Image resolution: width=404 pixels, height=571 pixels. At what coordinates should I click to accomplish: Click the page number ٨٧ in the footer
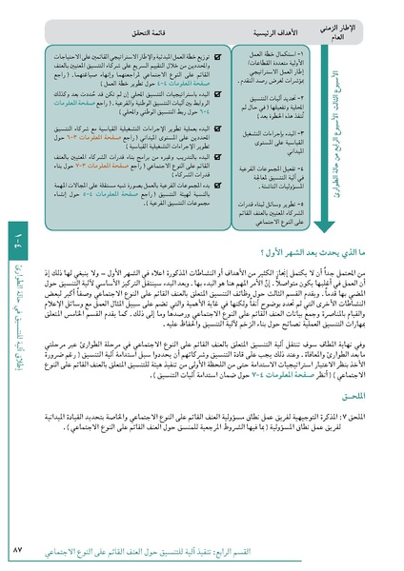366,552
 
